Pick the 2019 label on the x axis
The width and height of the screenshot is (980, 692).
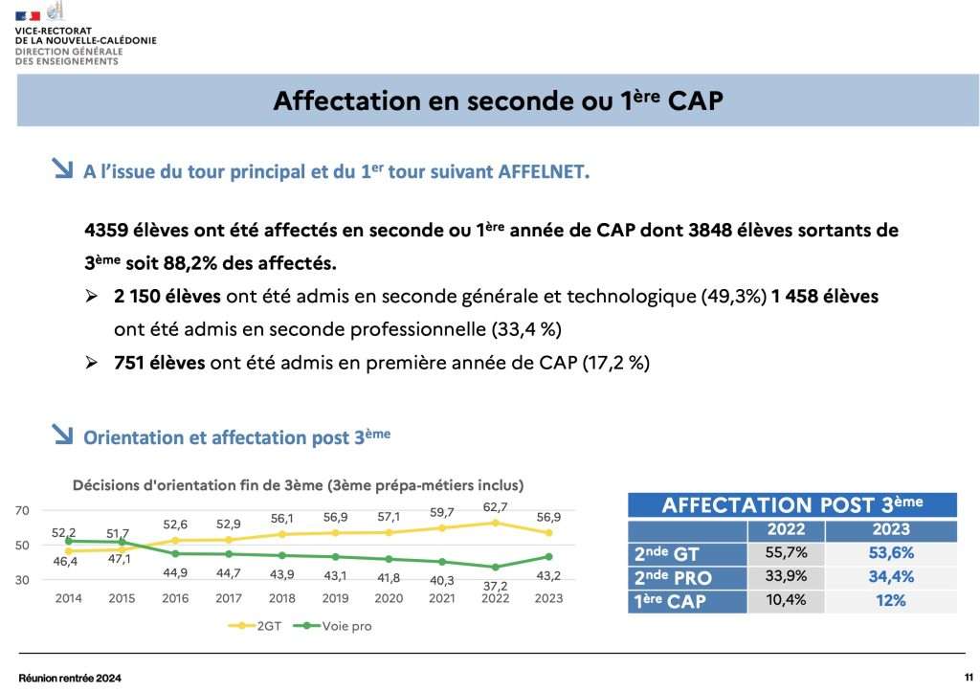335,599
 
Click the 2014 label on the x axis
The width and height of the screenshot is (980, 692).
68,599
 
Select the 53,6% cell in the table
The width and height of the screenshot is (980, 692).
891,552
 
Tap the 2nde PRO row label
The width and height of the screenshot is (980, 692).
673,577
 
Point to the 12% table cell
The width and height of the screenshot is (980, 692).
891,601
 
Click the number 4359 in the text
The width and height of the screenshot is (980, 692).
104,232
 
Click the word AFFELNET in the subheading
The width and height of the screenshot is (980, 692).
543,172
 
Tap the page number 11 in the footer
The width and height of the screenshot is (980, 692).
969,677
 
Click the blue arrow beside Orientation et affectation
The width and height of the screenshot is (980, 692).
63,435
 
